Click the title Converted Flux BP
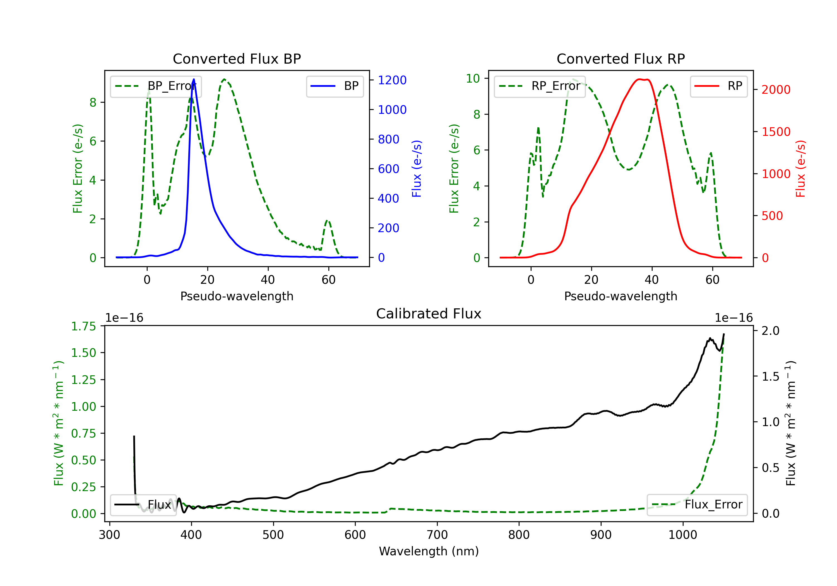(237, 59)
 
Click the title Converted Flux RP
(620, 59)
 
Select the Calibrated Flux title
(429, 314)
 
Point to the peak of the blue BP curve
(194, 79)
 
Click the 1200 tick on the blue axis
(392, 80)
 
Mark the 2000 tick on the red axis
(776, 90)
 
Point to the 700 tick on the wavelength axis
(437, 535)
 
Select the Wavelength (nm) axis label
(429, 551)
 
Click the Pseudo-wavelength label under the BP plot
(237, 296)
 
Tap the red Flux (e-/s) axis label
(800, 169)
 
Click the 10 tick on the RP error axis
(472, 78)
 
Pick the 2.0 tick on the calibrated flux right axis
(770, 331)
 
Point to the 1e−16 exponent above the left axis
(124, 318)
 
